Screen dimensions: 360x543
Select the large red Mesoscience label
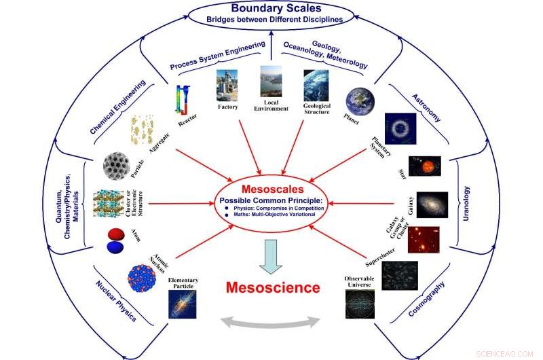point(272,287)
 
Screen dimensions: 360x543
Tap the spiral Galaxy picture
point(432,204)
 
